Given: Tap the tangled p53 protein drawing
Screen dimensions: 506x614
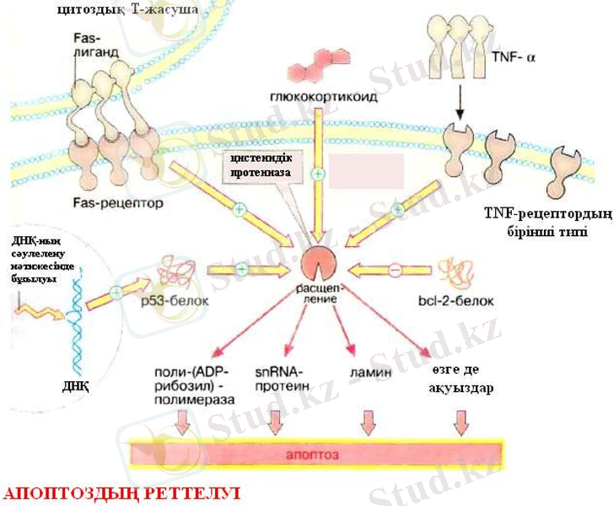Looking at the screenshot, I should pos(175,269).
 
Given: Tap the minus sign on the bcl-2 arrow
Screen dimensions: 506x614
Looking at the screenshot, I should pos(393,270).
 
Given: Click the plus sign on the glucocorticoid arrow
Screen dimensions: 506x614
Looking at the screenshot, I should pos(318,174).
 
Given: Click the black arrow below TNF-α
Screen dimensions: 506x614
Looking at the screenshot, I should pos(460,102).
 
